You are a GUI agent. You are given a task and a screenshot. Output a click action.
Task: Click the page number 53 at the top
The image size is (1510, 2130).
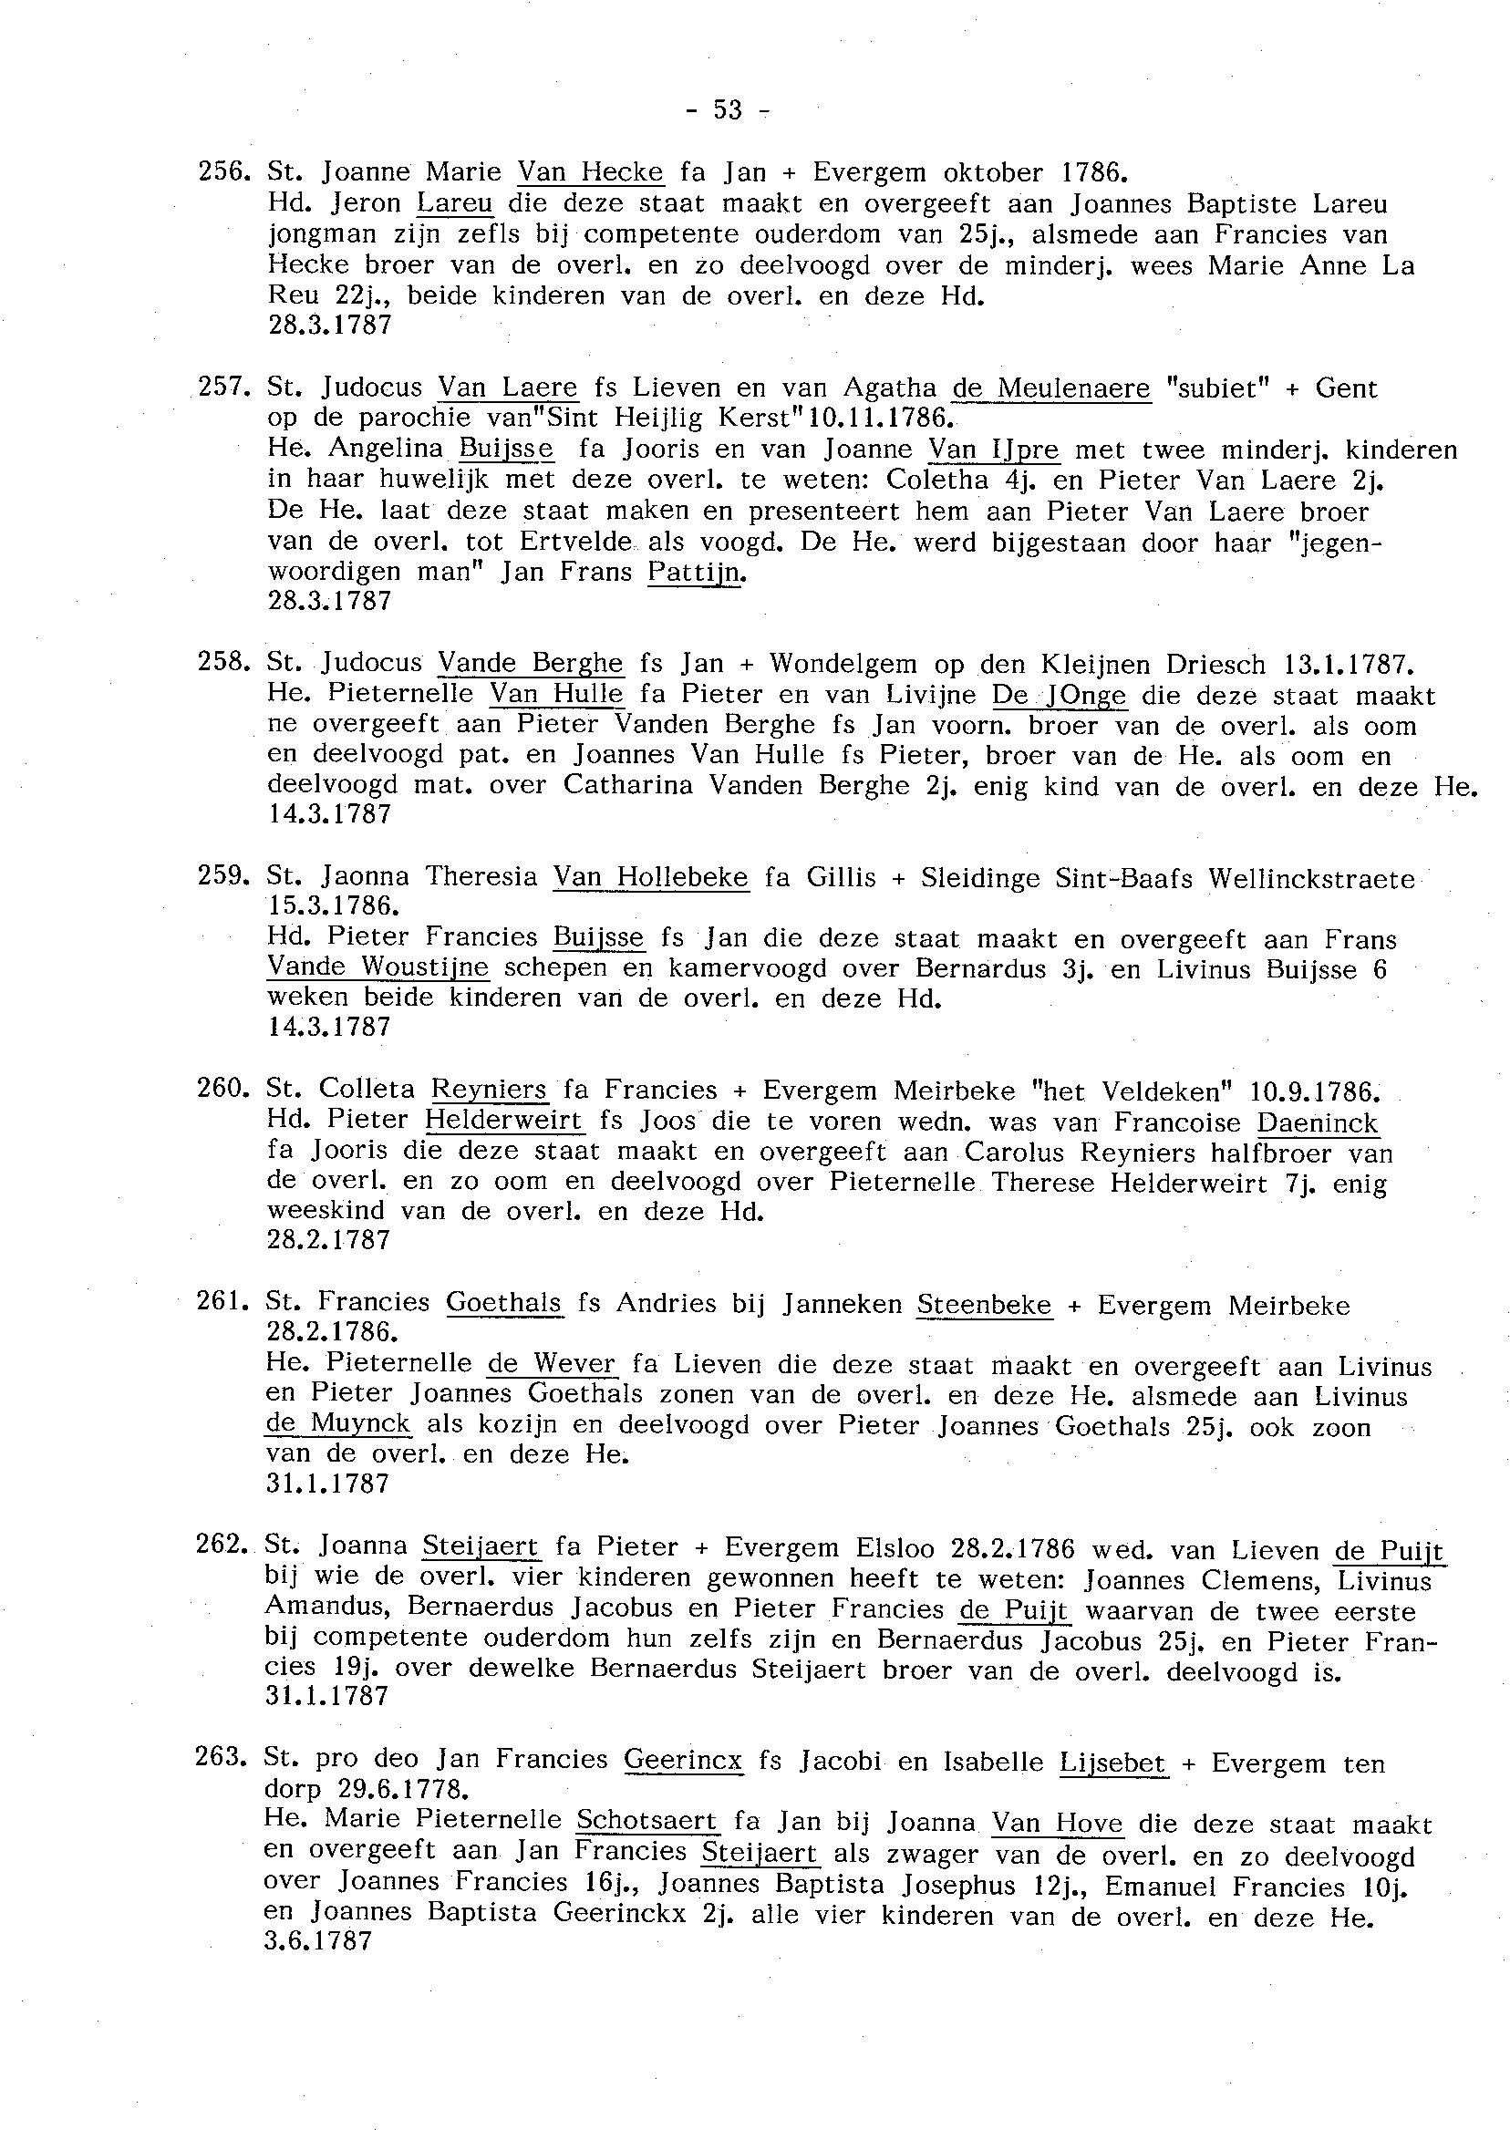tap(728, 110)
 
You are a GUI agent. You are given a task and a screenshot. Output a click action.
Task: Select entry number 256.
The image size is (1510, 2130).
tap(221, 172)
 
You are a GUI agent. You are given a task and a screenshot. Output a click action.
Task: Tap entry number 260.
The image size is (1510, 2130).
tap(221, 1088)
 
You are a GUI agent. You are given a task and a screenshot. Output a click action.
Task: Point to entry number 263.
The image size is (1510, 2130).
tap(220, 1758)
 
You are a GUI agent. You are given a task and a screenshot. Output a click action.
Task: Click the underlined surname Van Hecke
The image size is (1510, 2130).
tap(591, 172)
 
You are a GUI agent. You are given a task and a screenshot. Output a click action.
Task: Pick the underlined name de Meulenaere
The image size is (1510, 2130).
tap(1051, 388)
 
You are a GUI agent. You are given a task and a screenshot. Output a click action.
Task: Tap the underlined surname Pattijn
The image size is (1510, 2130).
tap(697, 572)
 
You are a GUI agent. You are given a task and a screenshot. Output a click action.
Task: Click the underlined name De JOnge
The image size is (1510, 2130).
tap(1059, 695)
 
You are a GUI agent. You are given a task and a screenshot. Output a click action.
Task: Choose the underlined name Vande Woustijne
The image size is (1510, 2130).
tap(377, 967)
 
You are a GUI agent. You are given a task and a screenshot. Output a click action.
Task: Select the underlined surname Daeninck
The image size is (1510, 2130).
tap(1317, 1123)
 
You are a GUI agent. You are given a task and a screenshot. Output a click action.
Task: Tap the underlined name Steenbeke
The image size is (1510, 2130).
tap(984, 1305)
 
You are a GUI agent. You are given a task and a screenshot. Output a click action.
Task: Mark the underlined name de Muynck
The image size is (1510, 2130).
tap(337, 1423)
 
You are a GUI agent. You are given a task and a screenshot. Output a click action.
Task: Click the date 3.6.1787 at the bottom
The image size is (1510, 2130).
tap(318, 1942)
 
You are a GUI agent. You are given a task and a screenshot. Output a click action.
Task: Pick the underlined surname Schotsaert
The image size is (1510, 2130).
tap(647, 1820)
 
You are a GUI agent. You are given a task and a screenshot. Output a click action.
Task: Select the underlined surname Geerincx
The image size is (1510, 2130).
tap(682, 1759)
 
